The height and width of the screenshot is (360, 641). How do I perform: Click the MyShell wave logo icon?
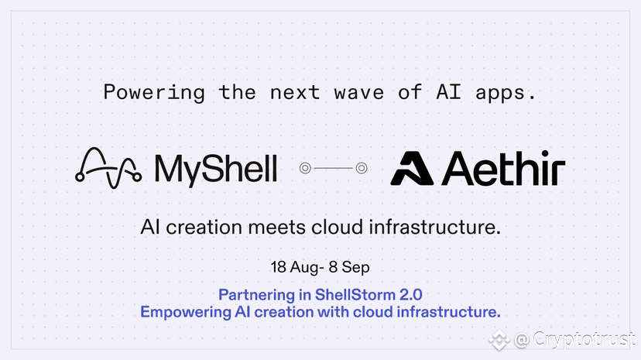point(108,168)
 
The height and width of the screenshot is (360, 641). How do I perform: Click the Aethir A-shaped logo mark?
point(411,168)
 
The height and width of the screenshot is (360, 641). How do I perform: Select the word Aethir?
point(503,167)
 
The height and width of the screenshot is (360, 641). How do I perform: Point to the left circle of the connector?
point(305,168)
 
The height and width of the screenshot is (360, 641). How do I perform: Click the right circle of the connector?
point(362,168)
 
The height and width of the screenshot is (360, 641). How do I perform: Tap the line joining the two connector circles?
point(333,168)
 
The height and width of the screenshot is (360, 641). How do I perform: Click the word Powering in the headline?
point(154,93)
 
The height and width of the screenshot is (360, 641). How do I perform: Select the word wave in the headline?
point(358,93)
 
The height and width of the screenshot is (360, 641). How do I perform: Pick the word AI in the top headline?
point(449,91)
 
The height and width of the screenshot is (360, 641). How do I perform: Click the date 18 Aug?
point(294,267)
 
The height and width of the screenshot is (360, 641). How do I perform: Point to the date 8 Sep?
point(349,268)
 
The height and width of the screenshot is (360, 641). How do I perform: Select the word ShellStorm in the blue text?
point(355,295)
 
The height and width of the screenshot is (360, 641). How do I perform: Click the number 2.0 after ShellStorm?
point(411,295)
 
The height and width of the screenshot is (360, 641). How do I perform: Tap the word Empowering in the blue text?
point(186,313)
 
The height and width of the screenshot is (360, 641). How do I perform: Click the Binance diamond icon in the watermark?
point(499,339)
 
